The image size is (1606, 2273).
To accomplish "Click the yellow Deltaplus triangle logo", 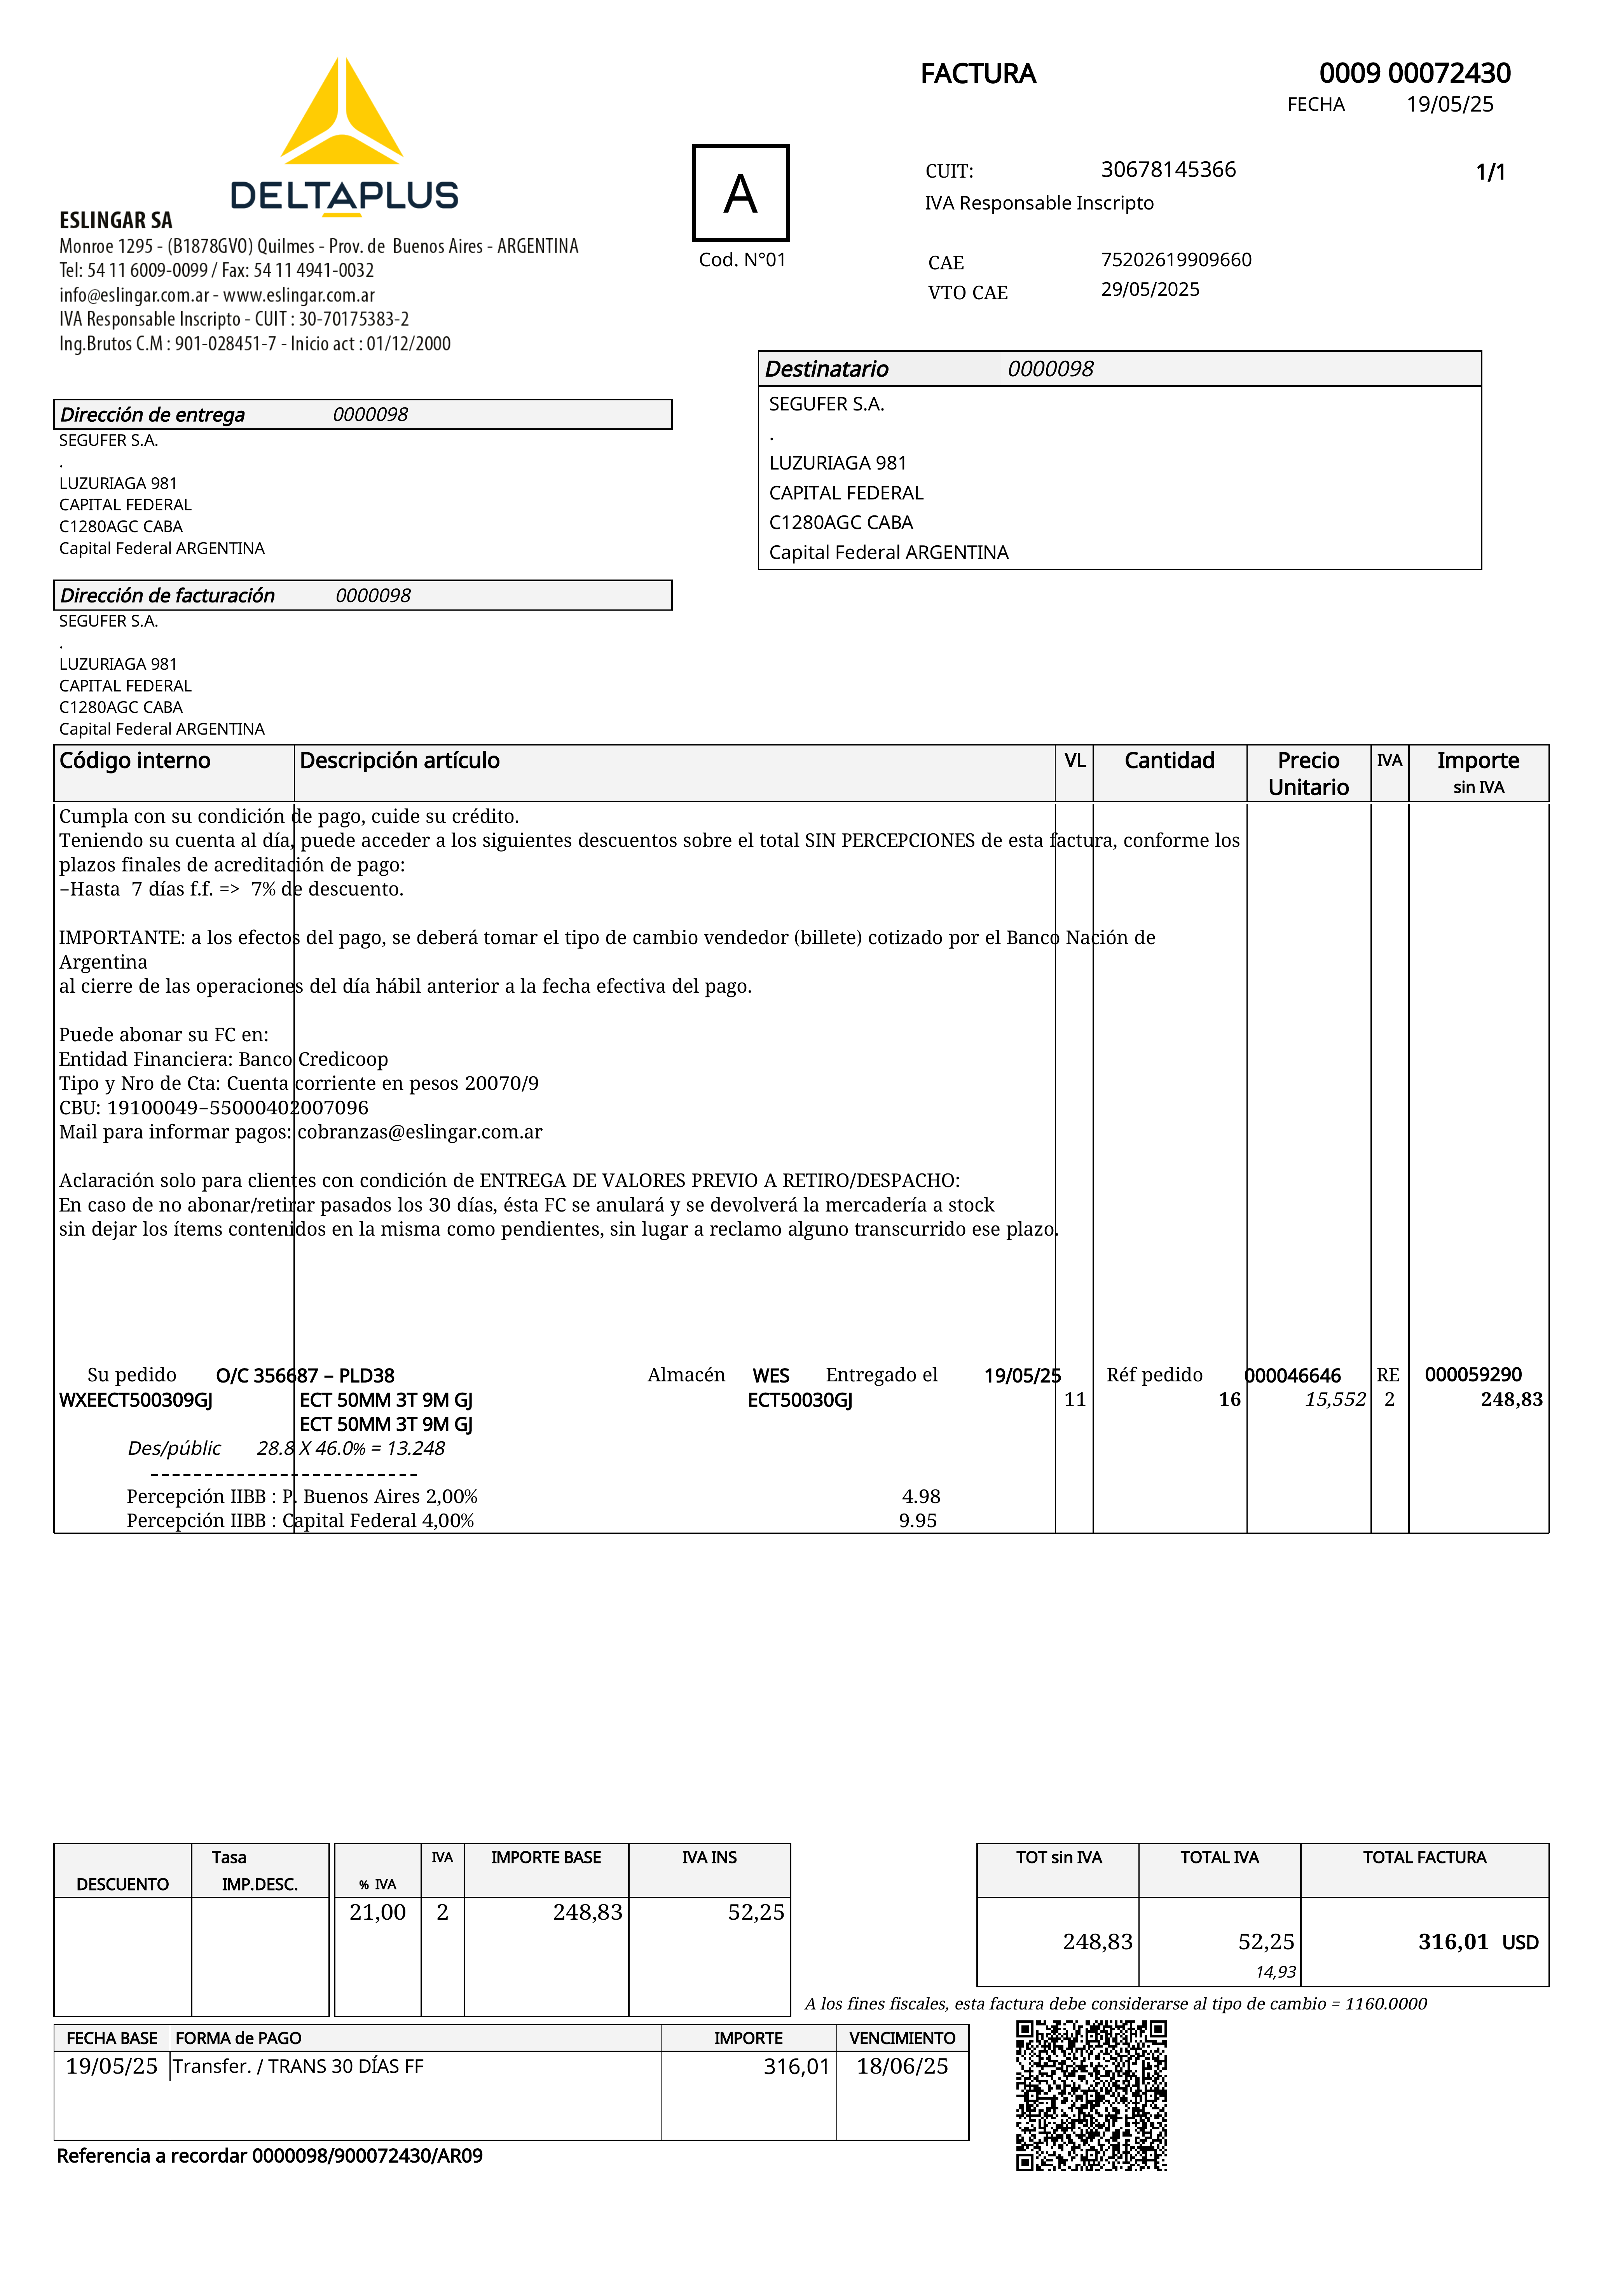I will point(342,114).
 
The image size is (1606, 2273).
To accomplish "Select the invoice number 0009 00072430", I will point(1414,73).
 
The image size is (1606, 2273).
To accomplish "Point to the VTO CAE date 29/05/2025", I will point(1150,289).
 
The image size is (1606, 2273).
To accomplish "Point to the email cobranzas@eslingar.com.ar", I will point(420,1131).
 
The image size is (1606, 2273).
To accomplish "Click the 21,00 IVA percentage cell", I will point(377,1913).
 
